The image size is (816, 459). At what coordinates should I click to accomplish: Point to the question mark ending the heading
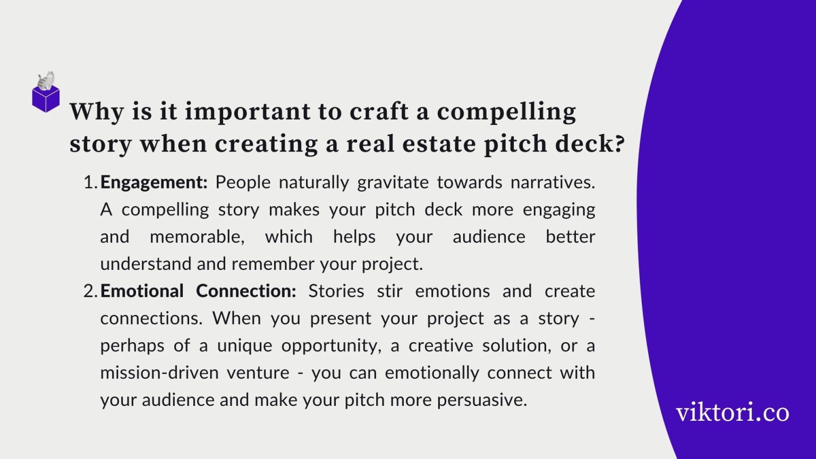pyautogui.click(x=617, y=144)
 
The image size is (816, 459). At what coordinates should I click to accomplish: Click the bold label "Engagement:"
pyautogui.click(x=154, y=182)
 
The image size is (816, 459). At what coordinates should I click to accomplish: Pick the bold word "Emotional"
pyautogui.click(x=142, y=291)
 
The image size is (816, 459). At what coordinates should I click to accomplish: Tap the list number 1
pyautogui.click(x=89, y=182)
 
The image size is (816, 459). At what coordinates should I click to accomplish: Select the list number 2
pyautogui.click(x=89, y=291)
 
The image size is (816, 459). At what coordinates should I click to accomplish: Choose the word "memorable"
pyautogui.click(x=196, y=236)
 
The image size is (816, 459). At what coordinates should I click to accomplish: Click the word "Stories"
pyautogui.click(x=336, y=291)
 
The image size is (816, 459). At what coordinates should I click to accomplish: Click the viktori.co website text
pyautogui.click(x=732, y=413)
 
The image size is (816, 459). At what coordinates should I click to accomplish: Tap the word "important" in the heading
pyautogui.click(x=247, y=112)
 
